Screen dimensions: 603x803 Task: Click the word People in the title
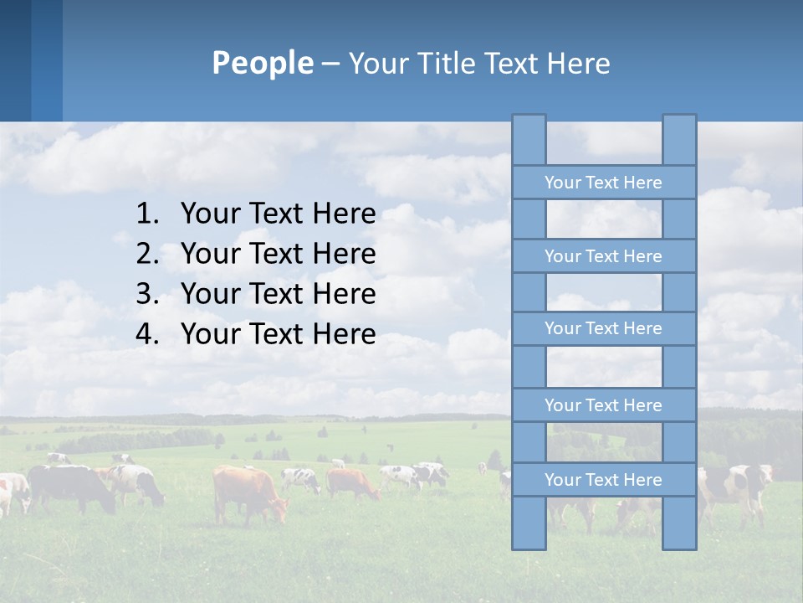pos(262,63)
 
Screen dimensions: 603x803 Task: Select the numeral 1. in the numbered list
pos(147,214)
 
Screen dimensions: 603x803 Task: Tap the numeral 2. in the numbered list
pos(147,254)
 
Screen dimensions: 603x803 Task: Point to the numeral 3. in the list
pos(147,294)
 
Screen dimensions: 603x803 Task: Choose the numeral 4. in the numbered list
pos(147,334)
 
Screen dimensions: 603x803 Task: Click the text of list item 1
pos(278,214)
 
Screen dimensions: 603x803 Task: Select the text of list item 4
pos(278,334)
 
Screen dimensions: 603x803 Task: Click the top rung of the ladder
pos(603,183)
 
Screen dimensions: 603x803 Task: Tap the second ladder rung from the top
pos(603,256)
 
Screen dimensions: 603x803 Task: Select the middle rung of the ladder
pos(603,328)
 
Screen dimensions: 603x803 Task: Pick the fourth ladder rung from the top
pos(603,405)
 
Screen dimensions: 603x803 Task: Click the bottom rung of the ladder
pos(603,480)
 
